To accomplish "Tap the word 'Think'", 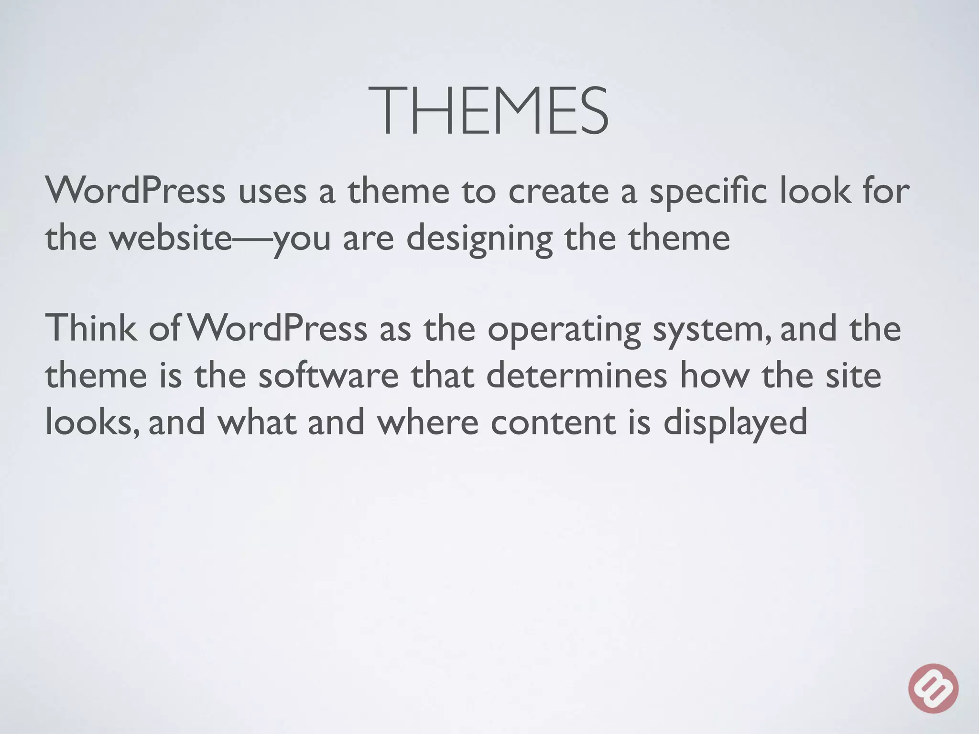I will (x=90, y=328).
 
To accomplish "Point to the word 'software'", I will (x=328, y=375).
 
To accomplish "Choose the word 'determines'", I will (x=577, y=375).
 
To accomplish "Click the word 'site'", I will (x=853, y=375).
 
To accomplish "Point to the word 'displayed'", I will (x=735, y=423).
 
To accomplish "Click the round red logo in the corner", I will (x=933, y=688).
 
